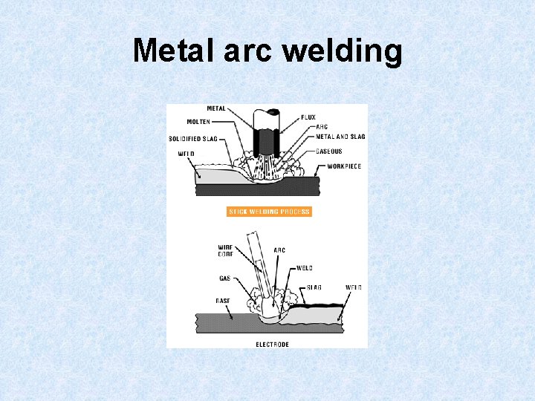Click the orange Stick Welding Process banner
pos(269,212)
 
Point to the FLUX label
pos(308,117)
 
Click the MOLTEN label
pos(198,122)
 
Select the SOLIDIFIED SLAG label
pos(192,139)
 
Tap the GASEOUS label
pos(329,151)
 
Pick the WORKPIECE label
pos(344,166)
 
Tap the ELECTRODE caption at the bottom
pos(272,345)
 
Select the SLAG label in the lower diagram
pos(314,287)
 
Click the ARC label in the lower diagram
pos(279,250)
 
